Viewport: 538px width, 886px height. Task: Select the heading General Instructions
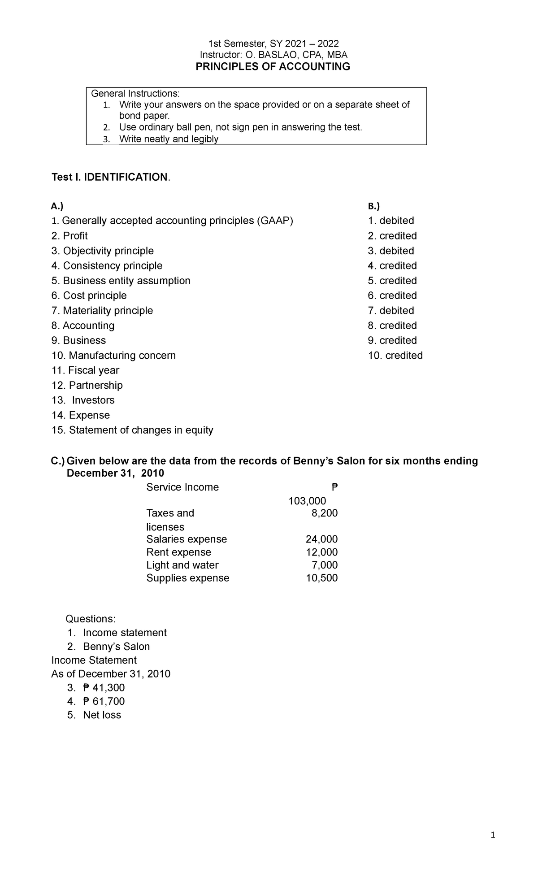(x=135, y=94)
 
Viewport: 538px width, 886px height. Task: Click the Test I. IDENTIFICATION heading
(x=111, y=178)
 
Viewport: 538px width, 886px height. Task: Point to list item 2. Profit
(x=69, y=236)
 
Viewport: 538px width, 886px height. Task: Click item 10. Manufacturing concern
(x=113, y=356)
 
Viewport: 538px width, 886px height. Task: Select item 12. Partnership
(x=87, y=385)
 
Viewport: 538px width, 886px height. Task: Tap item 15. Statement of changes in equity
(x=132, y=430)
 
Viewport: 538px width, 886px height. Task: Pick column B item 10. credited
(x=395, y=356)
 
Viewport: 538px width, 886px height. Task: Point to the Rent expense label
(x=178, y=552)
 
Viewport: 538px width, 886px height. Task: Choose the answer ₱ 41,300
(x=104, y=688)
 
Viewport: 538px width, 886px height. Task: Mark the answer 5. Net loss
(x=94, y=715)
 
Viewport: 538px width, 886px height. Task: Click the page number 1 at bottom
(x=493, y=835)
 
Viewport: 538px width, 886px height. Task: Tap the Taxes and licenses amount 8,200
(x=325, y=513)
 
